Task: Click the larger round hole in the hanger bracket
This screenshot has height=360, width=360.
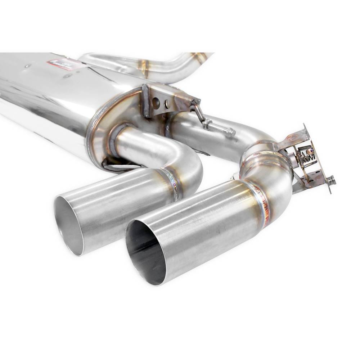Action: (156, 103)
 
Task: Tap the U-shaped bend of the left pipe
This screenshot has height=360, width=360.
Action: (187, 158)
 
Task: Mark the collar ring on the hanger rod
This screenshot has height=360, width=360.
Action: (206, 125)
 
